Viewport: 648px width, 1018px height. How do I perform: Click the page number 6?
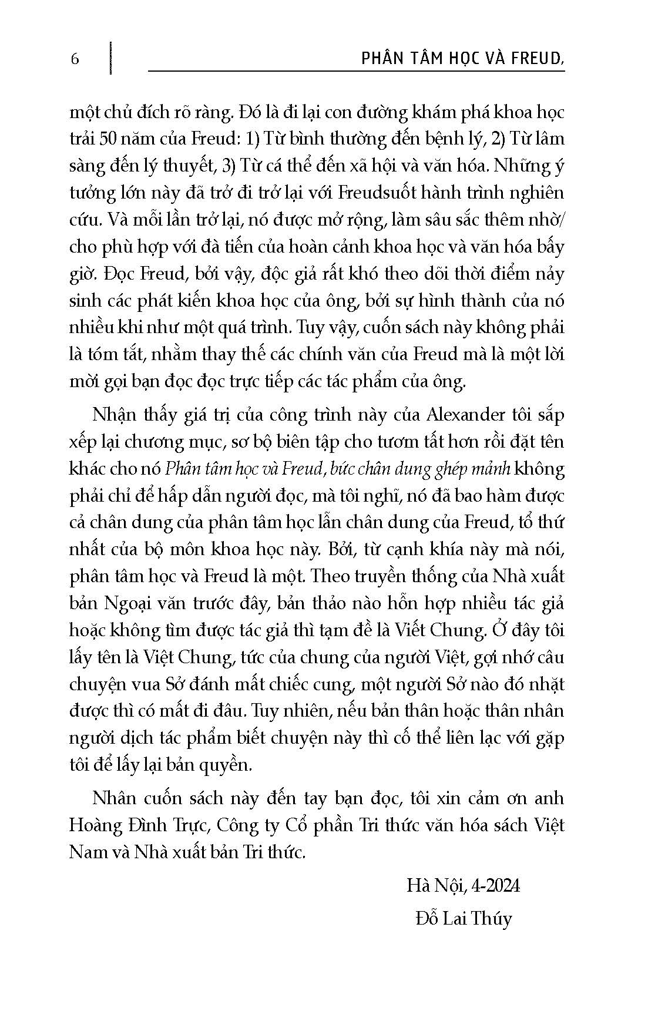click(x=75, y=59)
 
